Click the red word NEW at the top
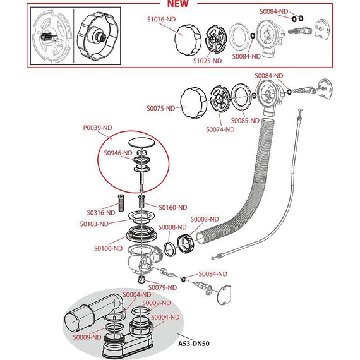178,3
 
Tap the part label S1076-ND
161,20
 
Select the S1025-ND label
208,61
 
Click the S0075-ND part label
161,108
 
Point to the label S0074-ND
220,129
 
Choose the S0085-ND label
245,121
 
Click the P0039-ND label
97,128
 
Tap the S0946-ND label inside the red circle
118,153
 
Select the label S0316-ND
101,213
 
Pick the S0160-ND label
173,208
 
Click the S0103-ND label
94,224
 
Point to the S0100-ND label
109,248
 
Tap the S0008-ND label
172,227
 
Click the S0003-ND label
205,219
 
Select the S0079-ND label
162,287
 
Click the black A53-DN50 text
194,344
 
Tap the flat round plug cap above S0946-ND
142,142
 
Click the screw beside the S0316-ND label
121,203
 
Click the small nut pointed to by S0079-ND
141,280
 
